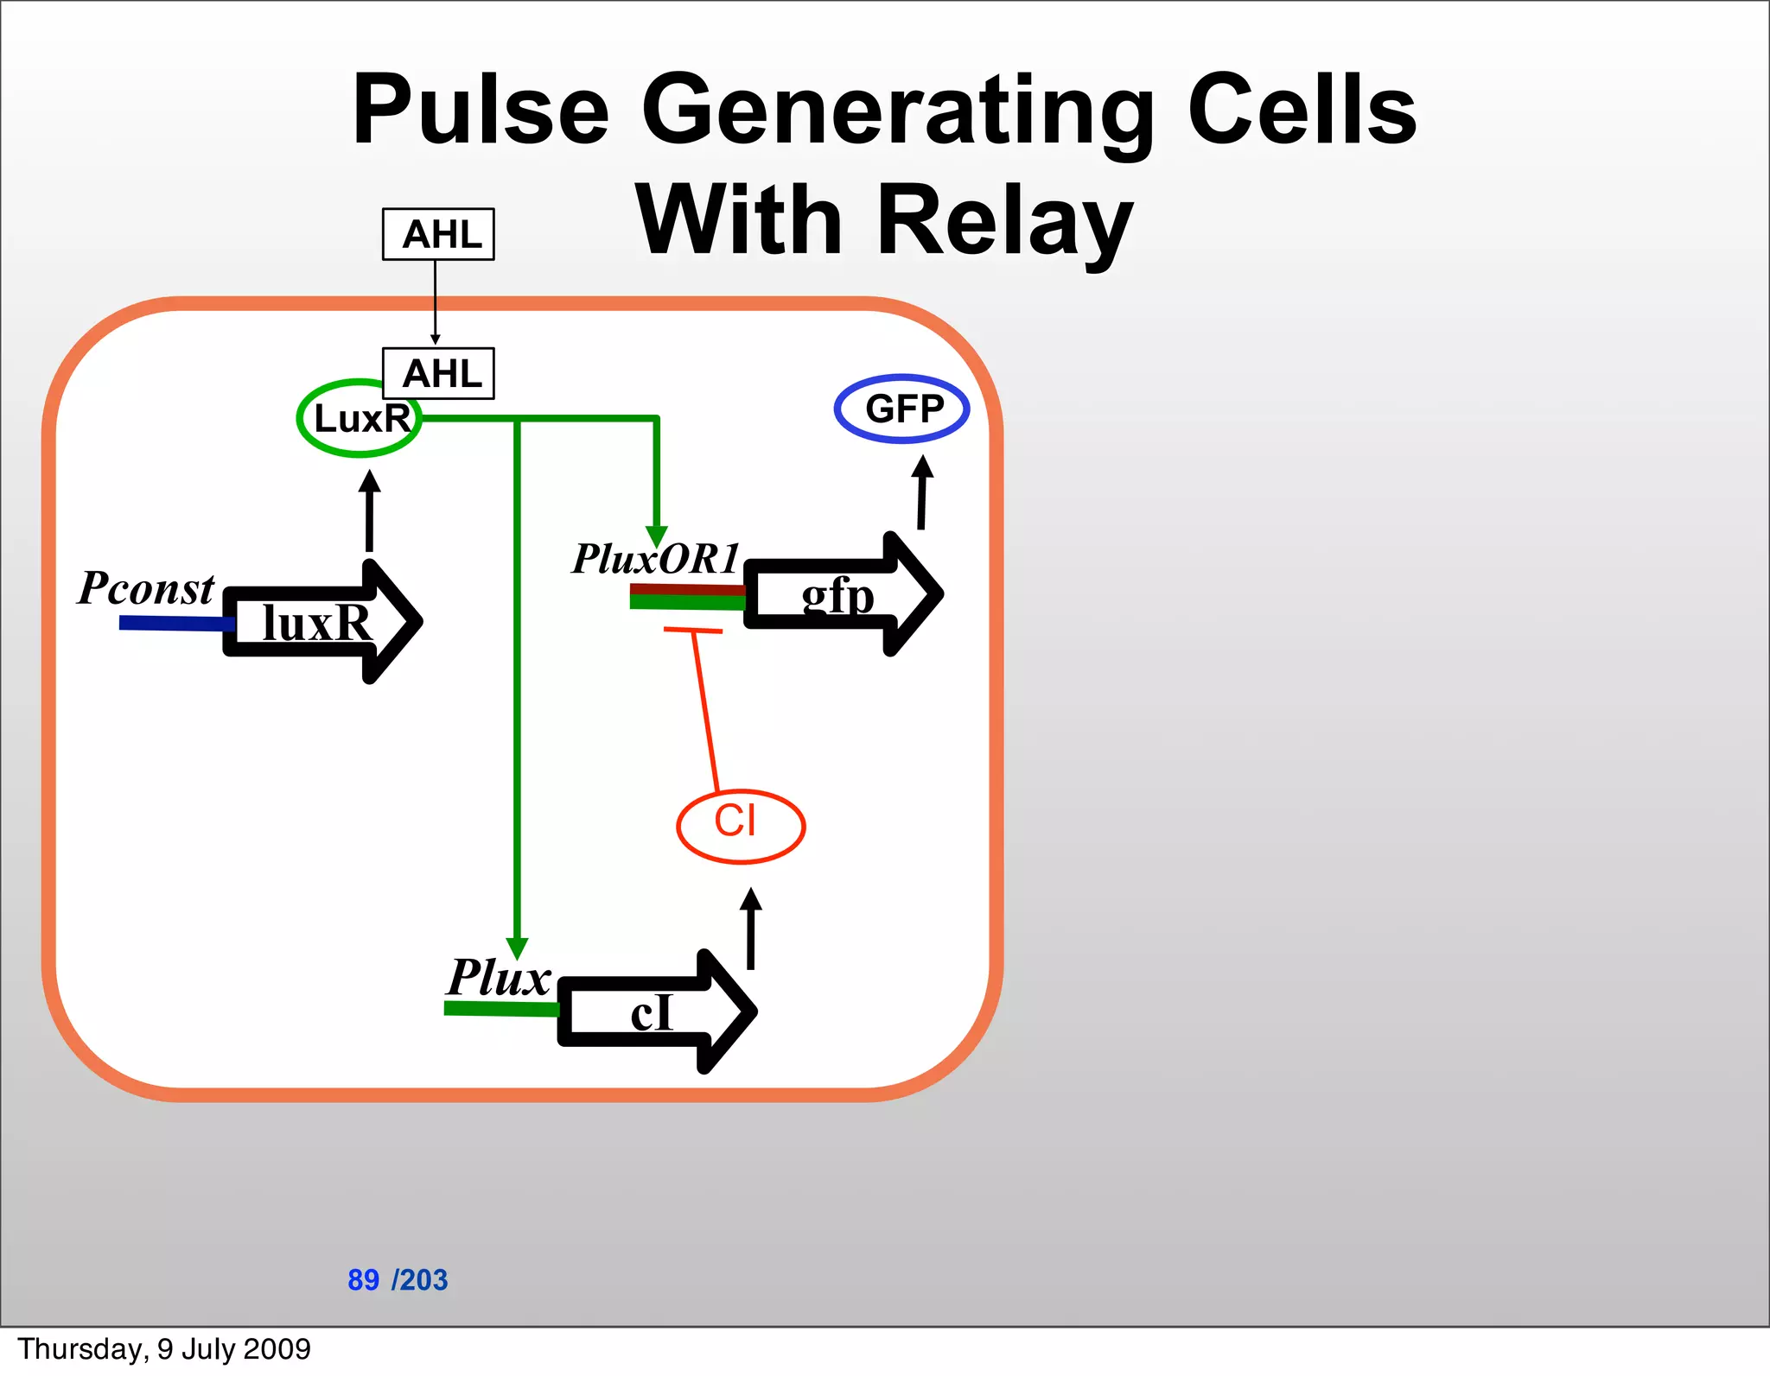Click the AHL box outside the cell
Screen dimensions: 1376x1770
tap(438, 234)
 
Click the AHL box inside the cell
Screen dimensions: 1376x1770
tap(438, 373)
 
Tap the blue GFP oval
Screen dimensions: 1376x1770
tap(901, 409)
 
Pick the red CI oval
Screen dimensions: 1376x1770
tap(740, 826)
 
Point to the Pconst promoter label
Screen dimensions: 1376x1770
tap(145, 589)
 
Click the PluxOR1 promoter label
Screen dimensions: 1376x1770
tap(656, 559)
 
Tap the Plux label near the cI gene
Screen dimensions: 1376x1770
tap(499, 978)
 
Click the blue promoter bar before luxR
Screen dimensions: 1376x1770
tap(173, 623)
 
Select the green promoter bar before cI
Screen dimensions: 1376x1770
tap(500, 1008)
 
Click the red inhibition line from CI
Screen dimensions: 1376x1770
tap(704, 708)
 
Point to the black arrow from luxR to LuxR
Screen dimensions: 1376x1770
tap(369, 511)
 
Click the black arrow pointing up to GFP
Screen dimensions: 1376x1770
tap(922, 492)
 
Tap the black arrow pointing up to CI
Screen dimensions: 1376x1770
tap(751, 929)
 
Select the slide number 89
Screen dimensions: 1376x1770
tap(363, 1279)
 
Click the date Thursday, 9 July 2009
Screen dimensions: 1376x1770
tap(164, 1349)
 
